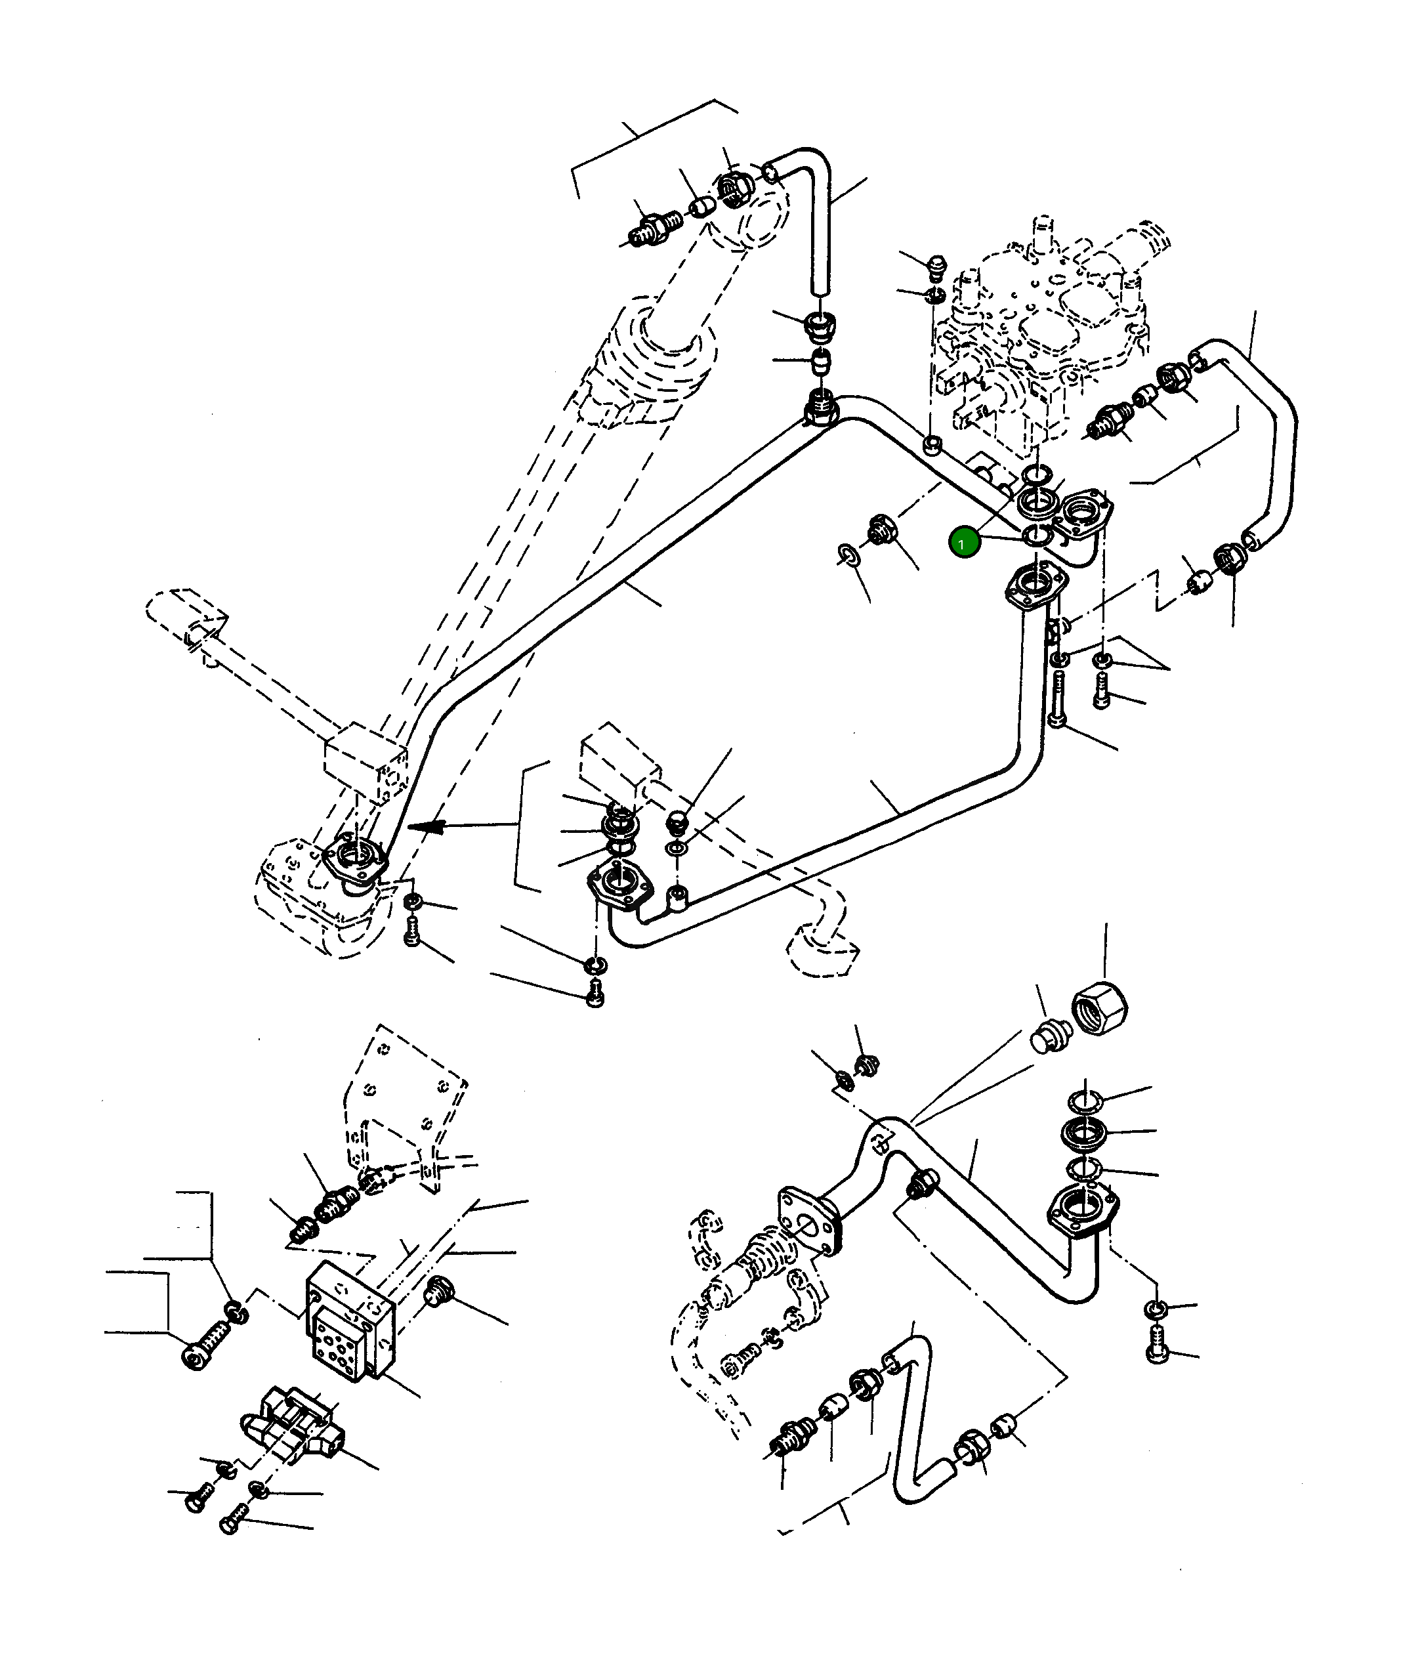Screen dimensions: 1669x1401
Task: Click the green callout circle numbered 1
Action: coord(964,543)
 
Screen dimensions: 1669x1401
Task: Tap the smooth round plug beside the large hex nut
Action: coord(1051,1036)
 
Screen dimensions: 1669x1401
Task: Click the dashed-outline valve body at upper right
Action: coord(1041,334)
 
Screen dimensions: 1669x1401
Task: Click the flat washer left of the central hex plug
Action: coord(848,555)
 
